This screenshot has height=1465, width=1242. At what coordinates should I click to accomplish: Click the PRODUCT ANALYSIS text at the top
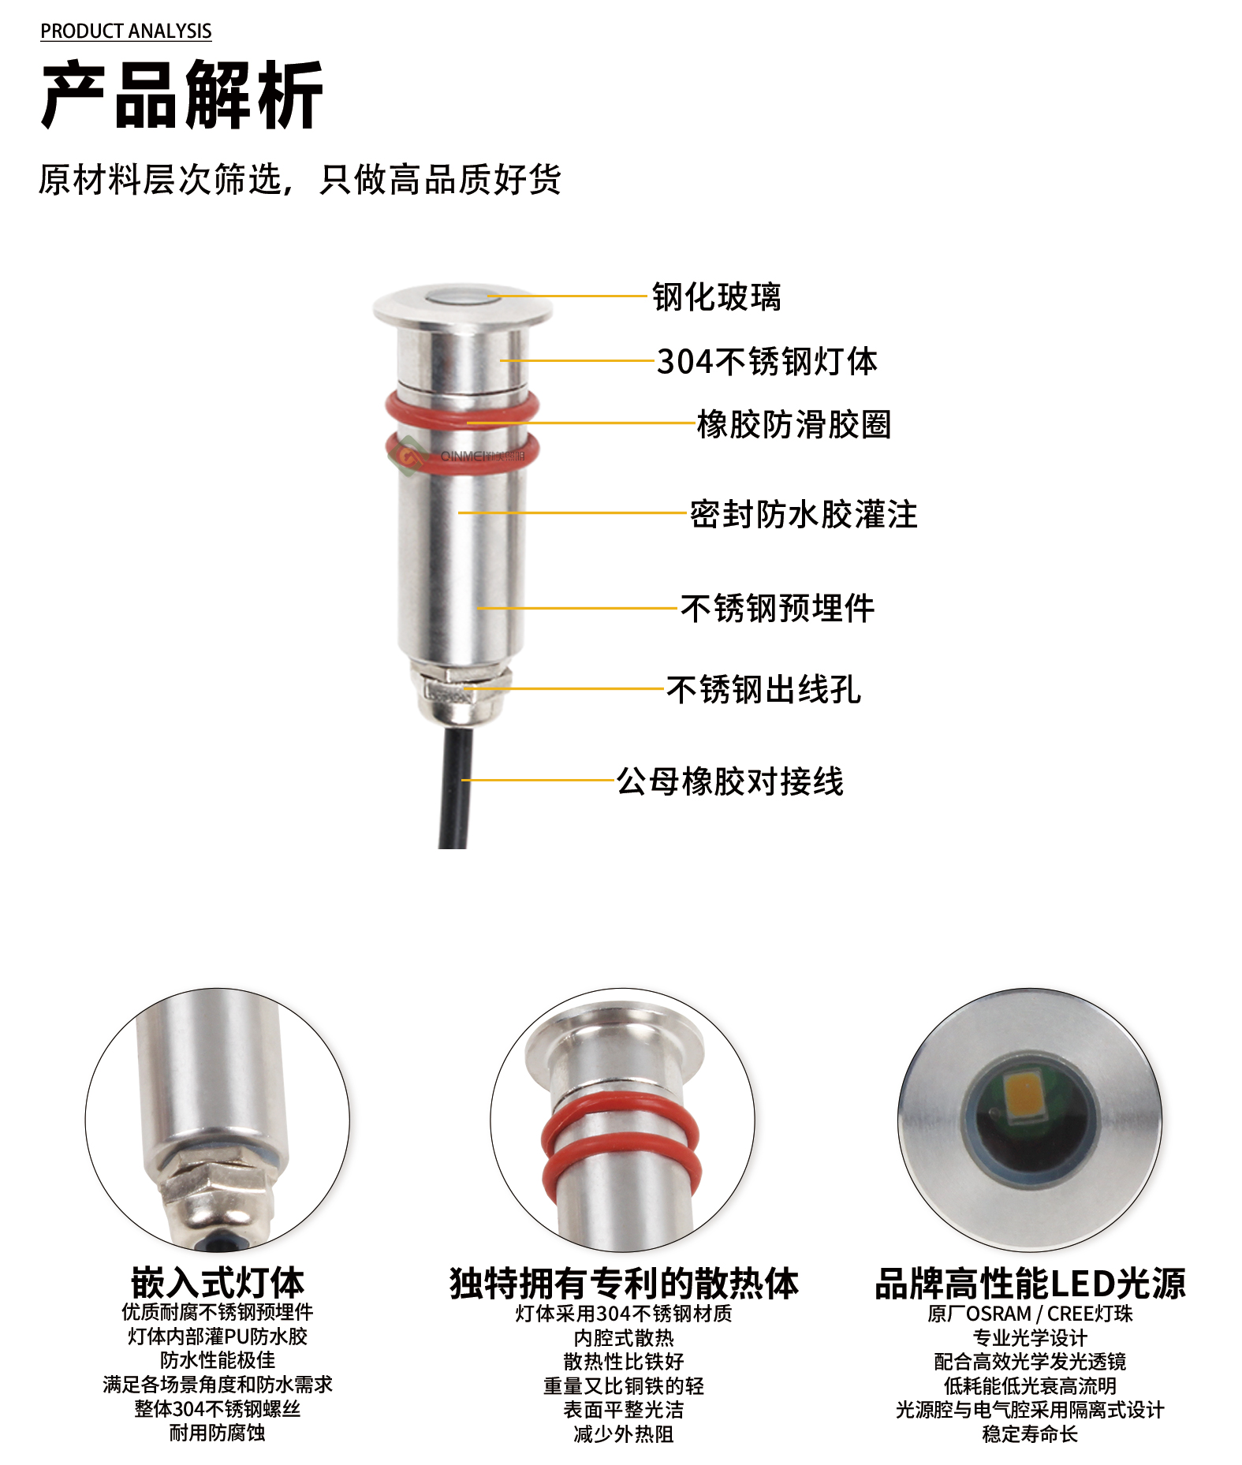pyautogui.click(x=126, y=31)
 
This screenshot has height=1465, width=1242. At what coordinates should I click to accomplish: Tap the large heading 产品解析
pyautogui.click(x=182, y=95)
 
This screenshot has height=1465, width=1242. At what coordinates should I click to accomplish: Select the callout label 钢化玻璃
pyautogui.click(x=716, y=297)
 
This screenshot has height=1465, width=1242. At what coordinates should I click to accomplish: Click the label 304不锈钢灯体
pyautogui.click(x=767, y=361)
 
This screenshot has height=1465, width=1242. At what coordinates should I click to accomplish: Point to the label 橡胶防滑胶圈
pyautogui.click(x=794, y=424)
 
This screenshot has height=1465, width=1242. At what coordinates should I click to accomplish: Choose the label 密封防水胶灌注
pyautogui.click(x=804, y=514)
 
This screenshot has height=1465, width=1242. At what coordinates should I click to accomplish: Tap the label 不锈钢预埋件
pyautogui.click(x=778, y=608)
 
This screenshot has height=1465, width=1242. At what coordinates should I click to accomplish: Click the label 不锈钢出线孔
pyautogui.click(x=763, y=689)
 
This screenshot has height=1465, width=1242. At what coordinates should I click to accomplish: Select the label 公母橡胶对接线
pyautogui.click(x=730, y=781)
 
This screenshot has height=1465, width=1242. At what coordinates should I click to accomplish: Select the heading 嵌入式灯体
pyautogui.click(x=218, y=1282)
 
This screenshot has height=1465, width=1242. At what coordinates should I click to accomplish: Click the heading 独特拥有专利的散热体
pyautogui.click(x=624, y=1283)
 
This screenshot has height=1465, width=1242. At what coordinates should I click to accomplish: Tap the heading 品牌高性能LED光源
pyautogui.click(x=1030, y=1283)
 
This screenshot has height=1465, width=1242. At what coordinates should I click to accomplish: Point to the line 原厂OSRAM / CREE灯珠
pyautogui.click(x=1030, y=1314)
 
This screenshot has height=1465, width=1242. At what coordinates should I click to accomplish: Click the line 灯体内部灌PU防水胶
pyautogui.click(x=218, y=1336)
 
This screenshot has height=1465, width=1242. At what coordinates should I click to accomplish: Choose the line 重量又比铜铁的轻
pyautogui.click(x=624, y=1385)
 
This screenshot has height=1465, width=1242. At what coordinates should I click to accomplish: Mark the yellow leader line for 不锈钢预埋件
pyautogui.click(x=578, y=608)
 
